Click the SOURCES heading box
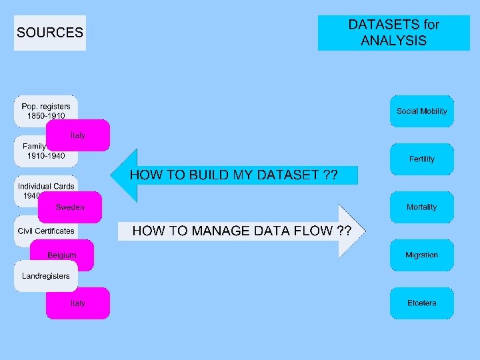pos(50,33)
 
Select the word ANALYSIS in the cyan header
pos(393,41)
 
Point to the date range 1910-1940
pos(46,155)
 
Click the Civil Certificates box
pos(46,231)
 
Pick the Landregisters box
pos(45,276)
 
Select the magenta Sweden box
pos(70,207)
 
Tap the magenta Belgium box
pos(62,255)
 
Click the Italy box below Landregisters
pos(77,303)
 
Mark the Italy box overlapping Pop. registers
pos(78,135)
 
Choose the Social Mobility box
pos(421,111)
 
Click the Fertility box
pos(421,159)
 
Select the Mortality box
pos(421,207)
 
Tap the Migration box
pos(421,255)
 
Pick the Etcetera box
pos(421,303)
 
